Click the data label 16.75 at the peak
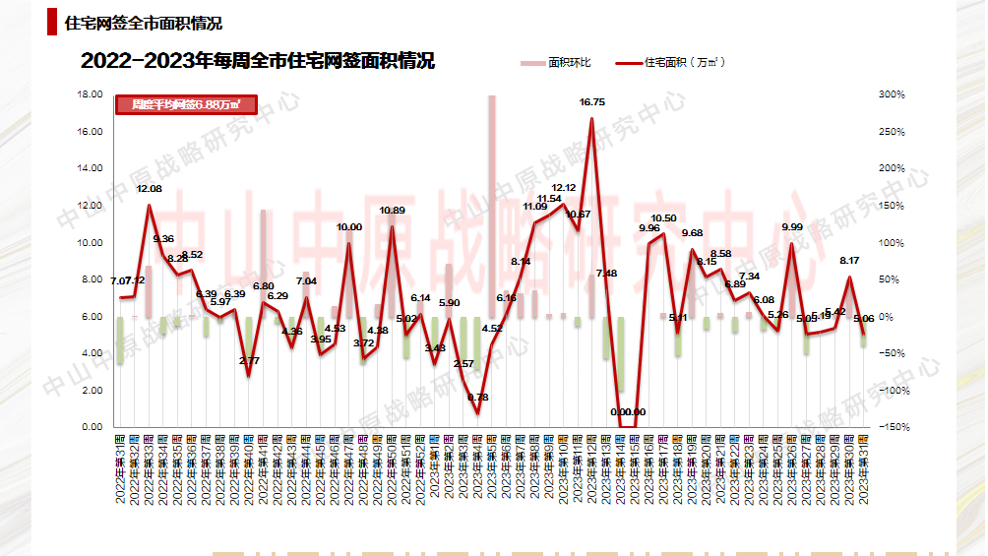pos(592,102)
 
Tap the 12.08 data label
pos(150,188)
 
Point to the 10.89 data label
pos(393,211)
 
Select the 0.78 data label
pos(478,397)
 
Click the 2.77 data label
pos(249,361)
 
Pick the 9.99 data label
pos(792,227)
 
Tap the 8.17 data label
pos(849,261)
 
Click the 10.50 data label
pos(664,218)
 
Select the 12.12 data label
pos(564,188)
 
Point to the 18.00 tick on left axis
pos(90,94)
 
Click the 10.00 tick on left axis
pos(90,242)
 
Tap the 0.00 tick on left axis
pos(92,427)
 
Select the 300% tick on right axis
pos(892,94)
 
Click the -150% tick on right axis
pos(891,427)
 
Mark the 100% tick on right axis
pos(892,242)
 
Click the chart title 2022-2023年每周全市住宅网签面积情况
pos(258,61)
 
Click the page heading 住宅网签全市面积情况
pos(143,23)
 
